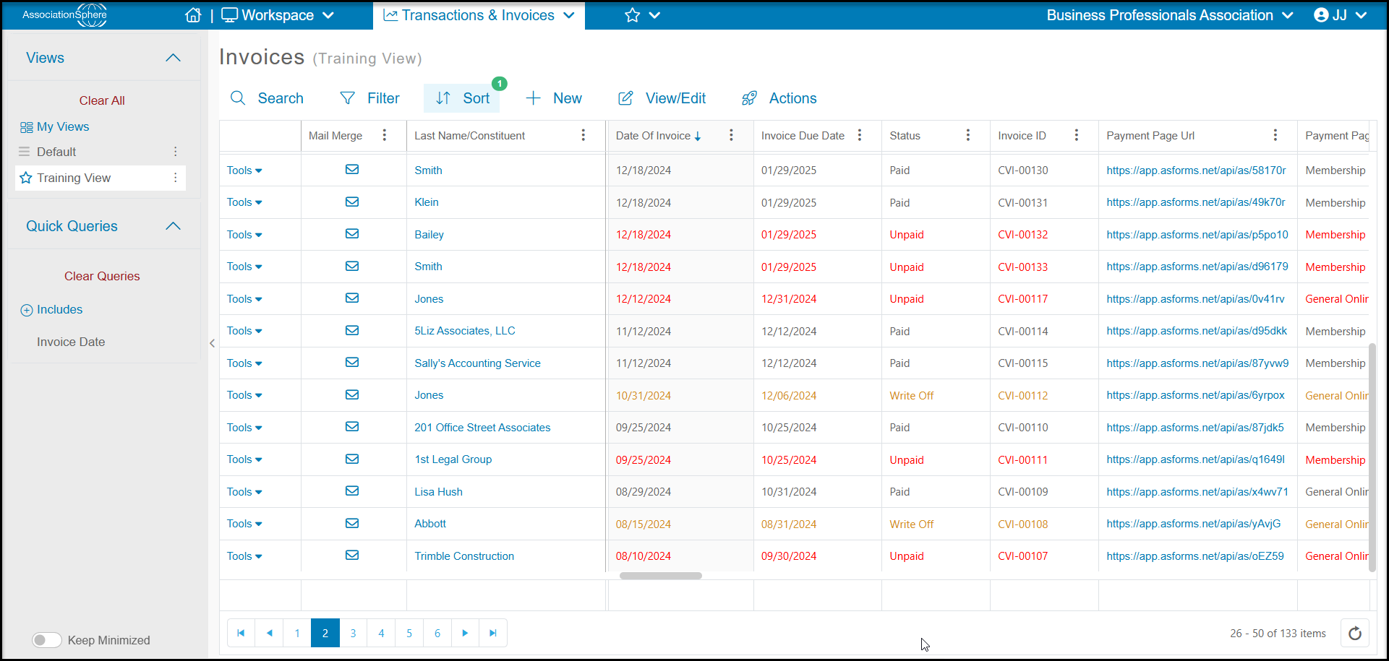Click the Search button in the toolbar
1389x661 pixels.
click(x=267, y=98)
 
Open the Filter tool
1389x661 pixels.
click(x=369, y=98)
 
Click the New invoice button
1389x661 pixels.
click(x=554, y=98)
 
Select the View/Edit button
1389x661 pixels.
click(x=662, y=98)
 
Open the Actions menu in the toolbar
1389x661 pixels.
click(x=779, y=98)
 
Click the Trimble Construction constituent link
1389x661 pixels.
click(x=464, y=556)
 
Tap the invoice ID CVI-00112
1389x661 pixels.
click(x=1022, y=396)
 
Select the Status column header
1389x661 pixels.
click(x=905, y=136)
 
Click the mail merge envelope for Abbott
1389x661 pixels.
click(x=352, y=524)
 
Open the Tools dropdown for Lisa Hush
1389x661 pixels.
click(x=244, y=492)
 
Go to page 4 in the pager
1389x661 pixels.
click(x=381, y=634)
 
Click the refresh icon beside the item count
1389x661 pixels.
click(x=1355, y=634)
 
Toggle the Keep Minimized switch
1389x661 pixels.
click(x=46, y=640)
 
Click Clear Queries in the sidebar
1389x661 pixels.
click(x=102, y=276)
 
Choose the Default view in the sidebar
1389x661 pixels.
click(x=56, y=152)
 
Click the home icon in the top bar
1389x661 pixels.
click(x=193, y=15)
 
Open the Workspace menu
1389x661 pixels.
click(x=278, y=15)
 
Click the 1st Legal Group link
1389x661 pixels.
click(x=453, y=459)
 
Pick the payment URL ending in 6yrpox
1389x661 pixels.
click(x=1195, y=395)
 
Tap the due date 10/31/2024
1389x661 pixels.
click(x=789, y=492)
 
